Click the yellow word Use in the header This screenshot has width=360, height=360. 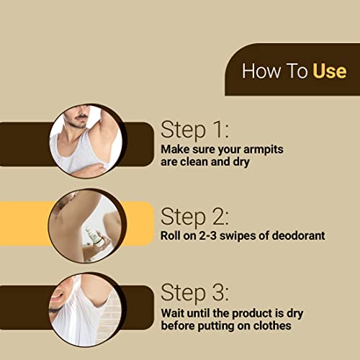(330, 71)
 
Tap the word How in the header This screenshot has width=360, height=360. (261, 71)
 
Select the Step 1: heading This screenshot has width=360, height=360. (194, 130)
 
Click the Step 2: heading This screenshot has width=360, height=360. (194, 217)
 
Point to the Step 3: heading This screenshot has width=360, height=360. (194, 292)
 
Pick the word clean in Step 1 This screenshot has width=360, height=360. (194, 162)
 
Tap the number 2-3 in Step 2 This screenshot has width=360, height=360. (208, 235)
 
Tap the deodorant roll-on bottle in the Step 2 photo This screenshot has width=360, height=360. (96, 236)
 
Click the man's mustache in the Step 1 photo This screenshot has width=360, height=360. (79, 117)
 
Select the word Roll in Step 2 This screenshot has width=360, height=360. (170, 235)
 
